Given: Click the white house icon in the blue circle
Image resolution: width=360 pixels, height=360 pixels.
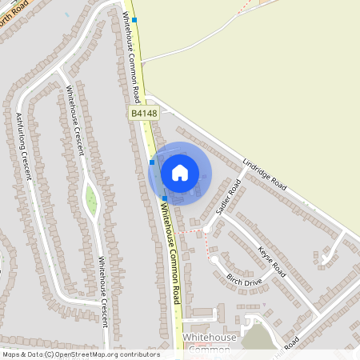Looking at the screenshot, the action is pyautogui.click(x=180, y=172).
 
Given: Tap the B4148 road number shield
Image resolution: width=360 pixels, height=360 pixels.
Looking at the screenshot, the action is pyautogui.click(x=145, y=114).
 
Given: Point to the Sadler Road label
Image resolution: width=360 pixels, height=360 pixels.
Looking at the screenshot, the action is pyautogui.click(x=228, y=198).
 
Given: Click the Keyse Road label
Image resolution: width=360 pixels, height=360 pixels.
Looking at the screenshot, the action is pyautogui.click(x=272, y=261).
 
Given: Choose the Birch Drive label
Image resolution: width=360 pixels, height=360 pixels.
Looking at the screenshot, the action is pyautogui.click(x=244, y=280).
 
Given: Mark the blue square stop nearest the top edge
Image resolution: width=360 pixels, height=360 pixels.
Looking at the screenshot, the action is pyautogui.click(x=134, y=19).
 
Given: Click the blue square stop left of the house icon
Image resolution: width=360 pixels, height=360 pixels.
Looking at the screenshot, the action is pyautogui.click(x=152, y=162).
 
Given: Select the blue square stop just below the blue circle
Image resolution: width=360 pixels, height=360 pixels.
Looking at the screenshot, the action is pyautogui.click(x=165, y=198).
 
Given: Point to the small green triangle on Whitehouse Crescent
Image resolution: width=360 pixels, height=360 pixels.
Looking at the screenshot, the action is pyautogui.click(x=90, y=199).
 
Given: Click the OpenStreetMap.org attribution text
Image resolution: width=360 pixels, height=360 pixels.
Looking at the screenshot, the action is pyautogui.click(x=102, y=354).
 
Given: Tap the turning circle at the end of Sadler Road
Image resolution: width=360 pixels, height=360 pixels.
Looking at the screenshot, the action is pyautogui.click(x=206, y=228).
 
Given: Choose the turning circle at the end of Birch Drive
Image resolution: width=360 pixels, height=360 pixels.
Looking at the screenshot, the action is pyautogui.click(x=214, y=259).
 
